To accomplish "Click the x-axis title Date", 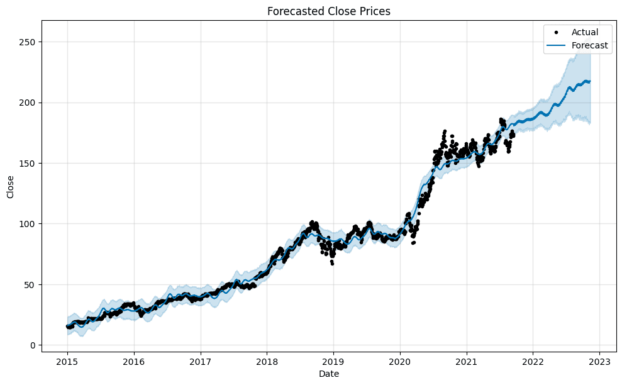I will (328, 374).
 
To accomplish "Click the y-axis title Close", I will (11, 187).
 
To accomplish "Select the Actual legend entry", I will (584, 31).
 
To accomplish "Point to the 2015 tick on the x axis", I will (67, 362).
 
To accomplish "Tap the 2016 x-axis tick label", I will (134, 362).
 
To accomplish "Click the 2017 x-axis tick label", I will (201, 362).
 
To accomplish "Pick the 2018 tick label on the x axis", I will (267, 362).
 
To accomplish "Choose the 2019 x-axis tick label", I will (333, 362).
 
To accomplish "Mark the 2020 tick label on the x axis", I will (400, 362).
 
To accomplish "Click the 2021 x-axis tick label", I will (467, 362).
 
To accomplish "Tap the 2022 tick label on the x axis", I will (533, 362).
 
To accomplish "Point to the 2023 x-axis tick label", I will (599, 362).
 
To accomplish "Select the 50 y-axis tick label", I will (30, 284).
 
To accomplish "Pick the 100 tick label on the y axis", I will (27, 224).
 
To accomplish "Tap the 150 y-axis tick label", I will (27, 164).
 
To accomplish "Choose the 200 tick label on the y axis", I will (27, 103).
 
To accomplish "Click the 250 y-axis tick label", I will (27, 42).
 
